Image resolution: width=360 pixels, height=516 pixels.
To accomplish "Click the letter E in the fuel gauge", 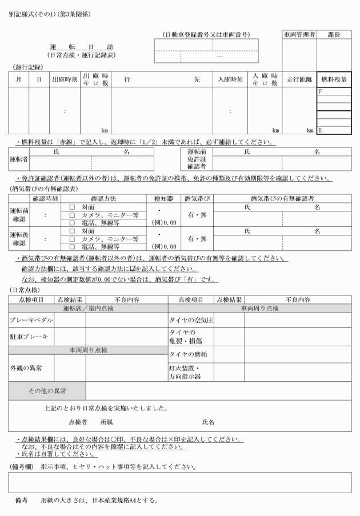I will (x=320, y=130).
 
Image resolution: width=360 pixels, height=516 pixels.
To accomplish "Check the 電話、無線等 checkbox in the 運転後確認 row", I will (x=72, y=247).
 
